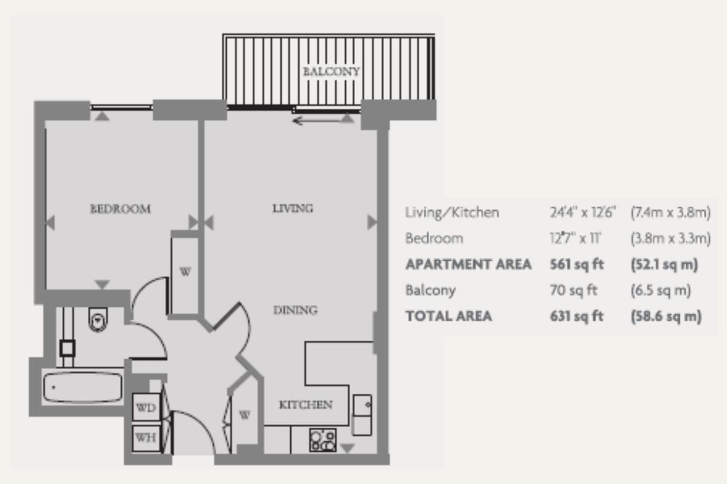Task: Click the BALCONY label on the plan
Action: coord(331,71)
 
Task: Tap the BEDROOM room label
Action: coord(120,209)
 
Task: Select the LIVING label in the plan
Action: coord(292,209)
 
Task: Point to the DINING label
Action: coord(295,310)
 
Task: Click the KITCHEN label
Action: coord(305,405)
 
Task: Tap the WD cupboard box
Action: coord(145,408)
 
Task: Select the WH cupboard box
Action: coord(145,437)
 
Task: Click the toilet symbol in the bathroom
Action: coord(97,319)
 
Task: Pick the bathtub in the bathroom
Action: coord(83,388)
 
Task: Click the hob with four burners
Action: coord(322,440)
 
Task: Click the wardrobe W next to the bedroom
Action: coord(185,272)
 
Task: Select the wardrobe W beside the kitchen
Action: coord(244,415)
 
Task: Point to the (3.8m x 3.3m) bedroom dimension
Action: coord(669,238)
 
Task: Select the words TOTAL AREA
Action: coord(448,316)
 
